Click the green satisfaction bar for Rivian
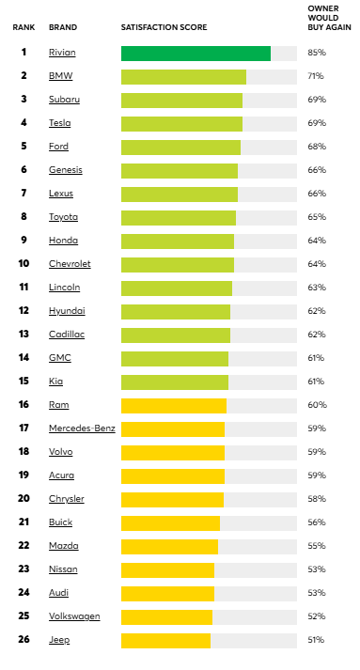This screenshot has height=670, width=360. point(196,54)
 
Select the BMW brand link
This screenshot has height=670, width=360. point(60,76)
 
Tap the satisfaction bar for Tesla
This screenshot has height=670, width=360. point(181,123)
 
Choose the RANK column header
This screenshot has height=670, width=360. point(23,27)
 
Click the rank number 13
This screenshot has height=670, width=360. point(23,335)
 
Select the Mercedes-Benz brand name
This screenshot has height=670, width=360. point(81,428)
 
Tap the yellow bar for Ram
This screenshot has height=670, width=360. point(174,405)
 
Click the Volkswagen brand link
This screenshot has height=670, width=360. point(74,616)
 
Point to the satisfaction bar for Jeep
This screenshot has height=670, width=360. point(165,640)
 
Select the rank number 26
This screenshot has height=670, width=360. point(23,640)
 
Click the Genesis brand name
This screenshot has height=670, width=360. point(66,170)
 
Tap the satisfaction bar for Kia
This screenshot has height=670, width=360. point(175,382)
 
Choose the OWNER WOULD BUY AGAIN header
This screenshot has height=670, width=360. point(322,18)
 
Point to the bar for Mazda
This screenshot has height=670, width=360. point(169,546)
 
